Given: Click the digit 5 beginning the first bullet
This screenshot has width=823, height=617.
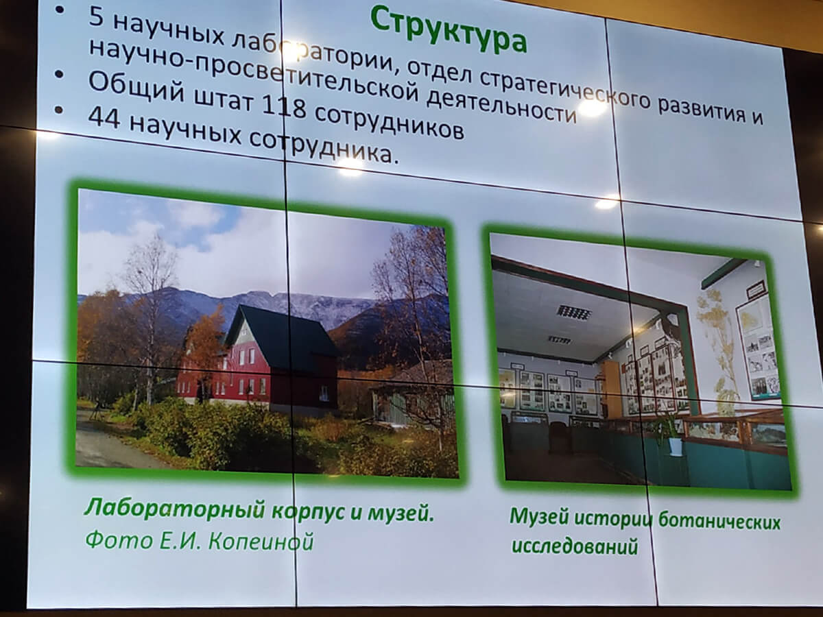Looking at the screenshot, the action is click(x=96, y=18).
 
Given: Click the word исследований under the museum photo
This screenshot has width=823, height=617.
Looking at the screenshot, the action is click(x=575, y=546).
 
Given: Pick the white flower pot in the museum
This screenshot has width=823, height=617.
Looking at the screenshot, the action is click(x=676, y=446).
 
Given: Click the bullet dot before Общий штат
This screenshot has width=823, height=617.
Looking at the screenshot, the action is click(x=59, y=75).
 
